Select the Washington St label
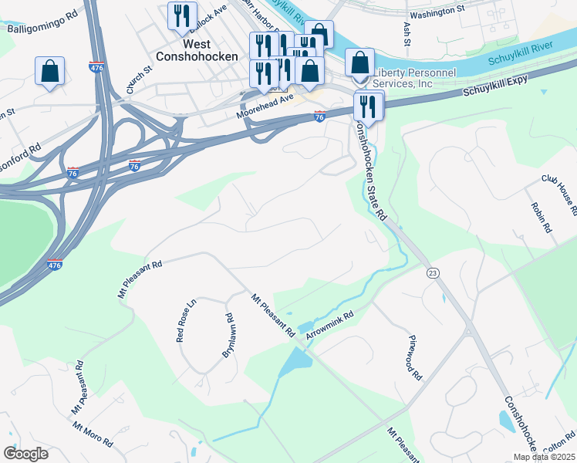437,13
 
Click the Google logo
25,454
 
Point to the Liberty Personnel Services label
413,78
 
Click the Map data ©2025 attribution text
543,457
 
